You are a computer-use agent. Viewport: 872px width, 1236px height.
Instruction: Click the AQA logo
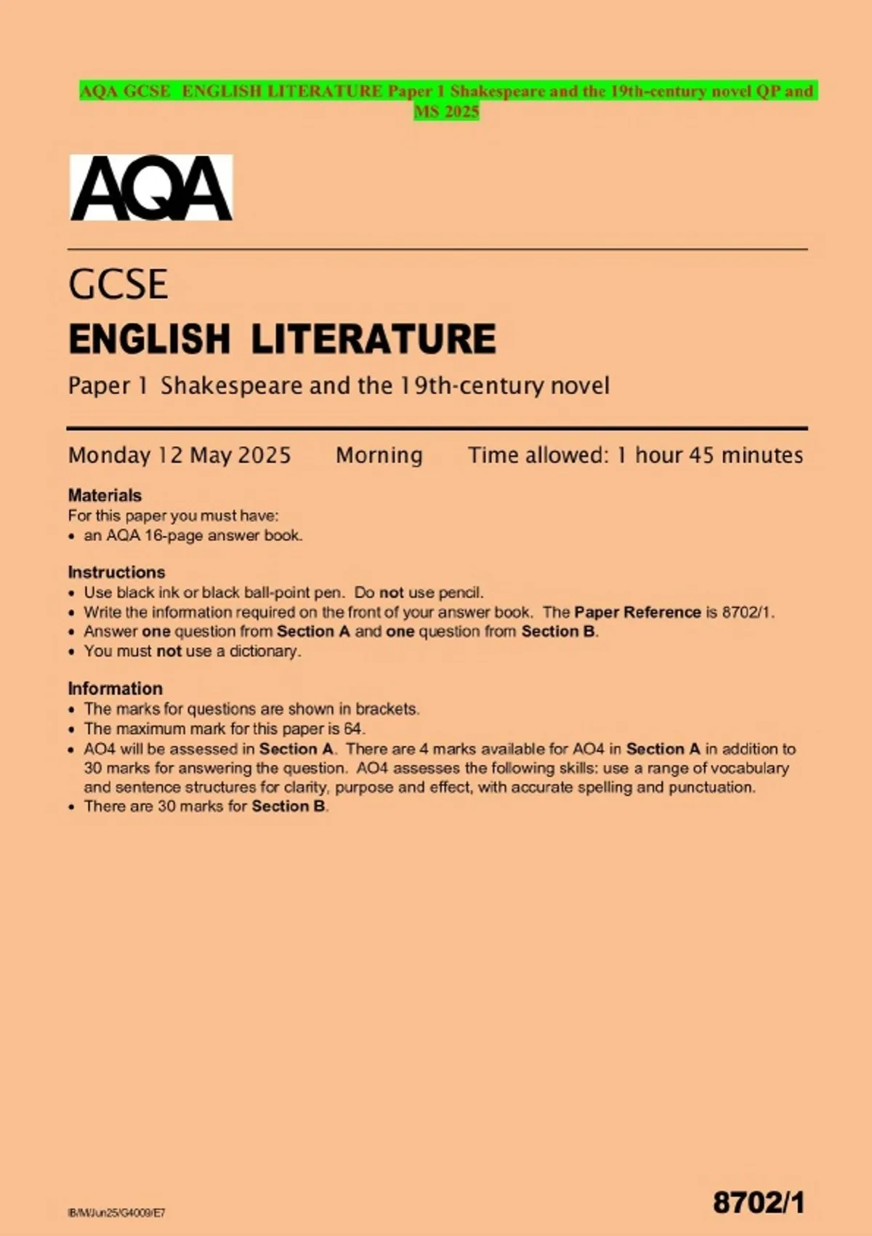(x=151, y=188)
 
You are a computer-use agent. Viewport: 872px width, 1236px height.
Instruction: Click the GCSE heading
(x=118, y=284)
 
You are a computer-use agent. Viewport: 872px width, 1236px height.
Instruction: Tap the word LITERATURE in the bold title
(x=374, y=340)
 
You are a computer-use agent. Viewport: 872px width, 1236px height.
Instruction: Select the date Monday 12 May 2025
(x=179, y=455)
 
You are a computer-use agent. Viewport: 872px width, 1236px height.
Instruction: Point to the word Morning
(x=379, y=455)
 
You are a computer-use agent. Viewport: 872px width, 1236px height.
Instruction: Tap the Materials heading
(x=105, y=495)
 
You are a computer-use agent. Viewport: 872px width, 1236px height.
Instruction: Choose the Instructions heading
(x=116, y=572)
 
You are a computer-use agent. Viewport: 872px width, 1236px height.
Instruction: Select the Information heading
(x=115, y=689)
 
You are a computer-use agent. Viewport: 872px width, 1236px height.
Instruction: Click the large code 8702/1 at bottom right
(x=759, y=1203)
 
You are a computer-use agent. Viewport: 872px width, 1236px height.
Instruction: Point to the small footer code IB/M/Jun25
(x=116, y=1213)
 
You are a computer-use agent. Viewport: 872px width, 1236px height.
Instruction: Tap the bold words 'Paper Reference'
(x=637, y=612)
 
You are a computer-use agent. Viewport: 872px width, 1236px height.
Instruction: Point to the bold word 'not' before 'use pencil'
(x=392, y=593)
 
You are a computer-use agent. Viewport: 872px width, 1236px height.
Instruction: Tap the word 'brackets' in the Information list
(x=387, y=709)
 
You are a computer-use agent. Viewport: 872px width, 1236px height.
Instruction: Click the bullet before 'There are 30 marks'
(x=71, y=807)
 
